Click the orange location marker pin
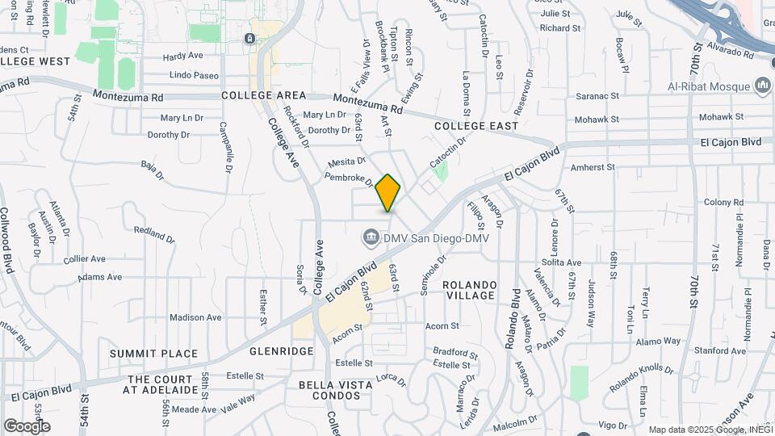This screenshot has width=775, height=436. tap(388, 193)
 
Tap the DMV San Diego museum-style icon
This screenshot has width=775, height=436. tap(371, 237)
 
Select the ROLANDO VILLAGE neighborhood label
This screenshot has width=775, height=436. tap(468, 290)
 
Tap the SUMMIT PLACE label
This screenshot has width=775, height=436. tap(154, 354)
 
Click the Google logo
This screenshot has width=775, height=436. tap(27, 426)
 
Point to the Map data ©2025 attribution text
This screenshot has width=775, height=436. tap(709, 430)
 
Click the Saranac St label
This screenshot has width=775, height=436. tap(597, 95)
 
